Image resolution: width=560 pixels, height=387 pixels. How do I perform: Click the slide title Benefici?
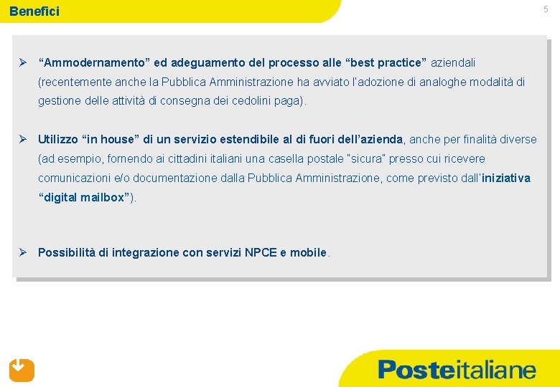pyautogui.click(x=34, y=11)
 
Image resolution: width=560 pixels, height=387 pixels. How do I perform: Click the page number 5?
pyautogui.click(x=546, y=9)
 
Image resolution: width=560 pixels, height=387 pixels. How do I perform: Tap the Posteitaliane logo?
pyautogui.click(x=457, y=370)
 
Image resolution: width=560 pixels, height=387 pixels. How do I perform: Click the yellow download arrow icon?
pyautogui.click(x=22, y=370)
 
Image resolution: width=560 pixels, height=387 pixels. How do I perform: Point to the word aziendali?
pyautogui.click(x=453, y=63)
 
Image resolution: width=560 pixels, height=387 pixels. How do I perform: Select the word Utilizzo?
pyautogui.click(x=59, y=139)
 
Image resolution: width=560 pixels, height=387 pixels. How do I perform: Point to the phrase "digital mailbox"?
pyautogui.click(x=84, y=197)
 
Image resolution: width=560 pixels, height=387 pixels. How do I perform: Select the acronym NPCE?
pyautogui.click(x=260, y=252)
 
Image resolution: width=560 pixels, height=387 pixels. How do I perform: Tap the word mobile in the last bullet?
pyautogui.click(x=309, y=252)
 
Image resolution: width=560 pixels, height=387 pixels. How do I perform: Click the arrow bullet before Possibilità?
pyautogui.click(x=23, y=252)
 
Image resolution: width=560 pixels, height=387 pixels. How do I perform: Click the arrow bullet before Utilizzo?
pyautogui.click(x=23, y=139)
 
